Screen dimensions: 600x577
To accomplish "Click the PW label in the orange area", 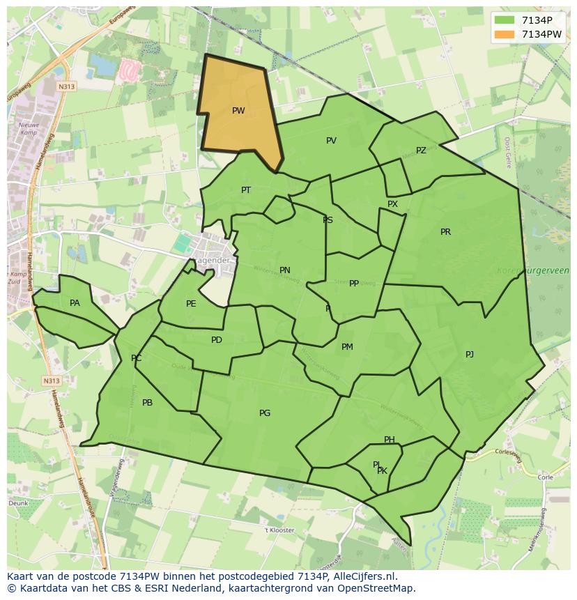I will (x=238, y=111).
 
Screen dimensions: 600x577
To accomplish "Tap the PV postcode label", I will (x=331, y=141).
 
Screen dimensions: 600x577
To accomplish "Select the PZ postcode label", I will (x=421, y=151).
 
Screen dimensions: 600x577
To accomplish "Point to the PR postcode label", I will (x=445, y=232).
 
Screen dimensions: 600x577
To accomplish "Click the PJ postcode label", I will (x=470, y=355).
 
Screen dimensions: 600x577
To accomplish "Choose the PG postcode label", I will (x=265, y=413).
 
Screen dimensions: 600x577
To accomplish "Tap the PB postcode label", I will (x=147, y=403).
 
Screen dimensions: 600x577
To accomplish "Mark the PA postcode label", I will (x=75, y=303).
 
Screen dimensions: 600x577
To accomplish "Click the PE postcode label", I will (x=191, y=304).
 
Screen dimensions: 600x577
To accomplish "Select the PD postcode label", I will (x=217, y=340).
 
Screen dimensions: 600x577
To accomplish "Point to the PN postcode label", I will (x=285, y=270).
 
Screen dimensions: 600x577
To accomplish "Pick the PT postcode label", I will (x=246, y=190).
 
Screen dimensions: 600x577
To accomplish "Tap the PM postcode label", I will (x=347, y=347).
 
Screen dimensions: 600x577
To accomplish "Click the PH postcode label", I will (x=390, y=440).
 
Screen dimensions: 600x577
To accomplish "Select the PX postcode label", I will (x=392, y=204).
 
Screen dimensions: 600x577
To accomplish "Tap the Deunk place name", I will (x=18, y=502).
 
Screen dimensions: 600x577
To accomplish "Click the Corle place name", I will (x=544, y=477).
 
